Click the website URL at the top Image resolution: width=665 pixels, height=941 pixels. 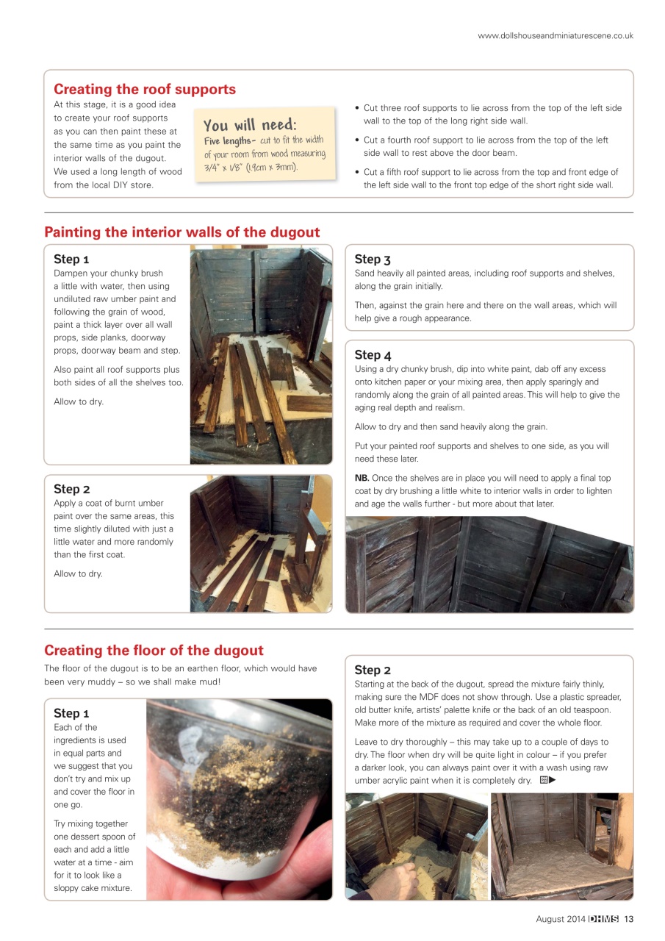(x=555, y=35)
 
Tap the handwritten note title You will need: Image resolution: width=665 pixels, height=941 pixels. (x=250, y=125)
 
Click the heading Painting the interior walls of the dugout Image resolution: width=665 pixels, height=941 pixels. (x=182, y=232)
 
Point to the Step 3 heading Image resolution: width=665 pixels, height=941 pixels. (x=373, y=259)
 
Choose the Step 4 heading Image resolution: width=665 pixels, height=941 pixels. (x=373, y=354)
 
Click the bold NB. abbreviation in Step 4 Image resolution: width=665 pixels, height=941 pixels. (x=362, y=478)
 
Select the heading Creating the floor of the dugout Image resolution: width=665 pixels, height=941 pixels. (x=154, y=650)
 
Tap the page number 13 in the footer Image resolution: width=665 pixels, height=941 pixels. (x=628, y=918)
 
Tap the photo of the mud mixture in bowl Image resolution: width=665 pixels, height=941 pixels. (x=239, y=799)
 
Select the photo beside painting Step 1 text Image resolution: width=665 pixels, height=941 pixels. (x=260, y=354)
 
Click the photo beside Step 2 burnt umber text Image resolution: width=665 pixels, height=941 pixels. (x=260, y=543)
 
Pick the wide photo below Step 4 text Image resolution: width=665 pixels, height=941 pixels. (x=489, y=564)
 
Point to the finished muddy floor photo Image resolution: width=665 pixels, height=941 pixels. (x=561, y=845)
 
